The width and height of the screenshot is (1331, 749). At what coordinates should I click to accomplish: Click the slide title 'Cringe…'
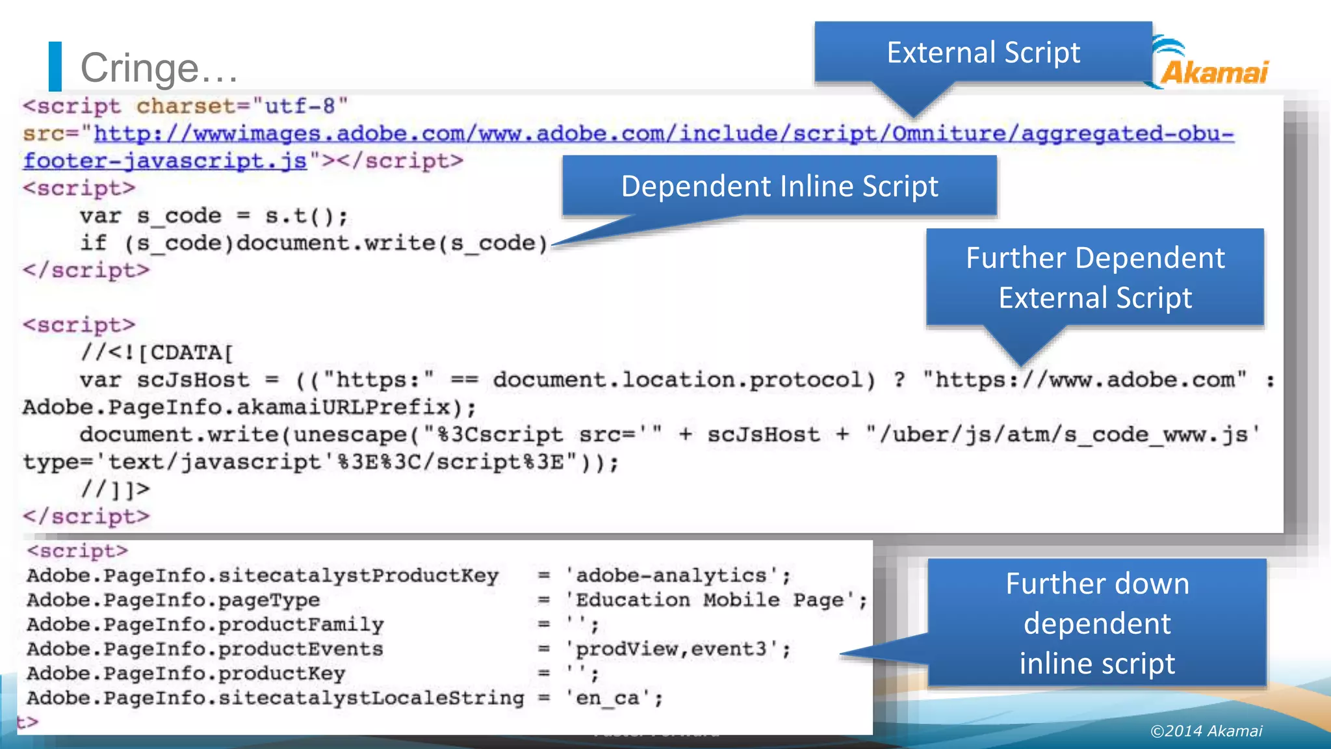point(159,68)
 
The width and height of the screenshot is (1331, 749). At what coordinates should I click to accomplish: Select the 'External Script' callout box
point(983,53)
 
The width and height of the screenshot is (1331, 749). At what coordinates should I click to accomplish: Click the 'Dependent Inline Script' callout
point(779,187)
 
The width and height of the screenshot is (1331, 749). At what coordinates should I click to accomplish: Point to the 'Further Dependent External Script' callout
point(1095,278)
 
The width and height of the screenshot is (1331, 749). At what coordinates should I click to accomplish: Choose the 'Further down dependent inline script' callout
point(1097,623)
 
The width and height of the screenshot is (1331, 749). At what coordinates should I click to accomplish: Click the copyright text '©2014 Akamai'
point(1206,731)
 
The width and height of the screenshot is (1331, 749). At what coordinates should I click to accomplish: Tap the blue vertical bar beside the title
point(55,66)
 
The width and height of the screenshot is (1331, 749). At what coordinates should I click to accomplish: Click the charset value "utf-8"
point(300,106)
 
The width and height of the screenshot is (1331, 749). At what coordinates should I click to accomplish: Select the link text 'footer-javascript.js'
point(165,161)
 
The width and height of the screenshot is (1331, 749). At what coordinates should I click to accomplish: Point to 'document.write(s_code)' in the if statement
point(392,243)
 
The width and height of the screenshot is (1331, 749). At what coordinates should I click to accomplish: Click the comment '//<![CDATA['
point(157,352)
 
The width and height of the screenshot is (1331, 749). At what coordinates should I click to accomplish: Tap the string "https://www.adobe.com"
point(1084,380)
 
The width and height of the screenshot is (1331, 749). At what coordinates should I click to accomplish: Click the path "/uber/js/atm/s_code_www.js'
point(1063,434)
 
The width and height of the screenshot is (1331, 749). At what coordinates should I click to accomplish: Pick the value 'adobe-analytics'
point(671,575)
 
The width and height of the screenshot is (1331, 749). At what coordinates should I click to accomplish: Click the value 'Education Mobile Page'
point(712,599)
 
